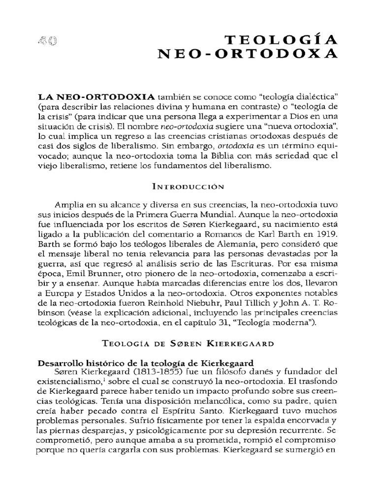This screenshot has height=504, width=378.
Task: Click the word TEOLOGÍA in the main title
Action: (289, 40)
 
